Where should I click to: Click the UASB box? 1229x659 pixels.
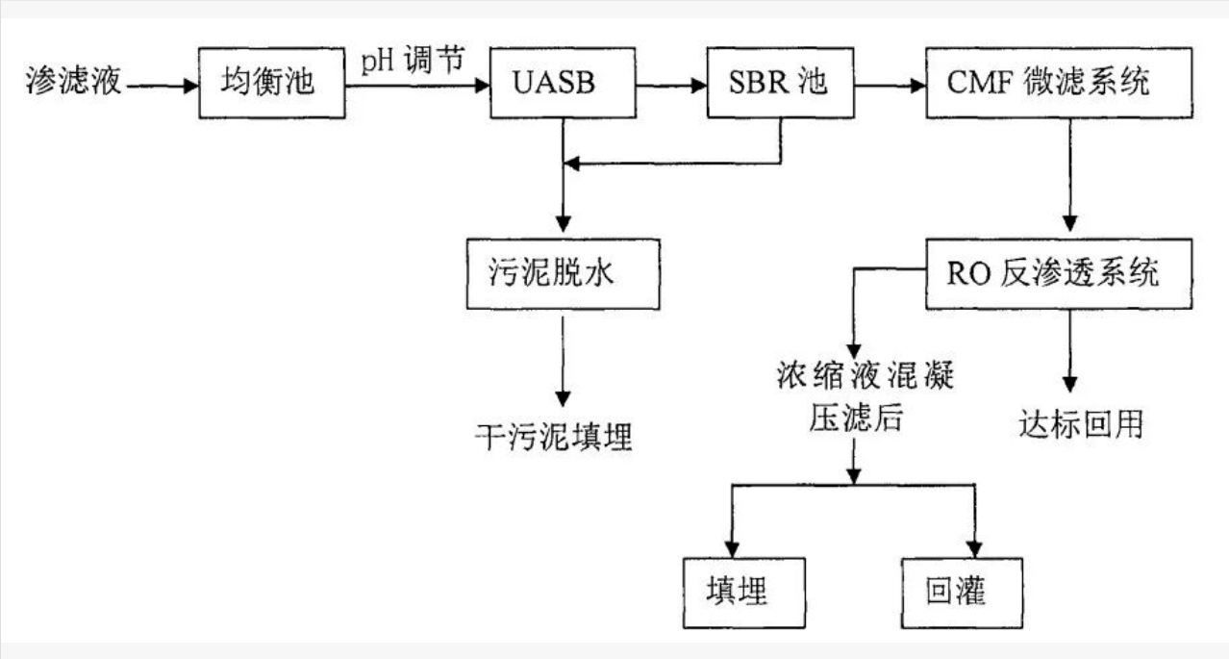point(562,84)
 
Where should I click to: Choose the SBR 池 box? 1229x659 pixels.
point(779,84)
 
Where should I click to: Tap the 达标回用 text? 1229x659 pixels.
point(1081,423)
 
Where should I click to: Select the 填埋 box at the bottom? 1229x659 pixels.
point(738,590)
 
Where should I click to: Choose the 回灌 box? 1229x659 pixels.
point(955,590)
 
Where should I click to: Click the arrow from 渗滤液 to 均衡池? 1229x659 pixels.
point(162,85)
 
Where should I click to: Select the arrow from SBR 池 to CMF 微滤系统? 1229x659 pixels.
point(890,85)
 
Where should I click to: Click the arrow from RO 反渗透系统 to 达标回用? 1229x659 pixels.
point(1069,351)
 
